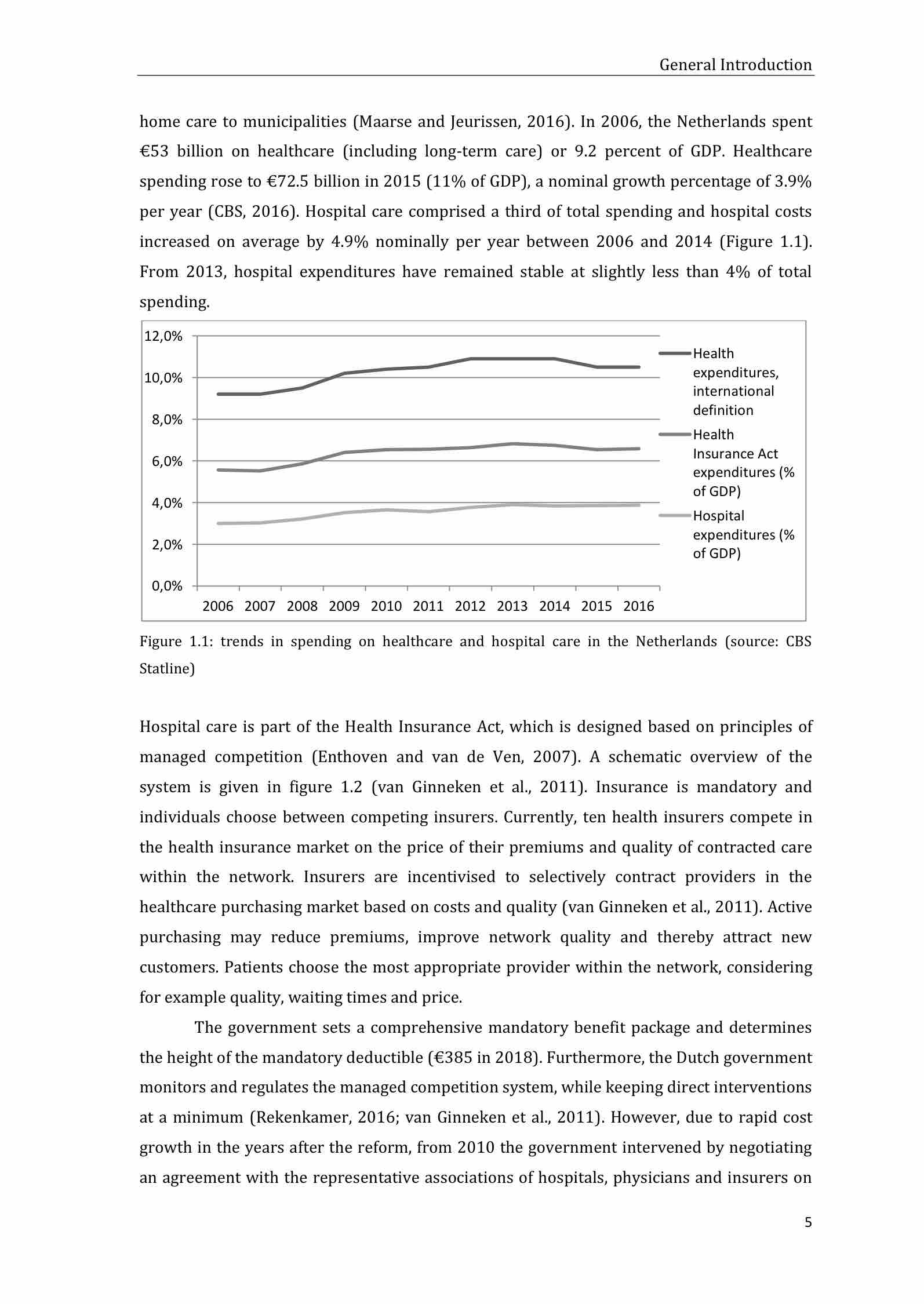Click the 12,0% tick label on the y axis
click(x=163, y=336)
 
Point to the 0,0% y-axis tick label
click(x=166, y=586)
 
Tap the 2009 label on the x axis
click(x=344, y=606)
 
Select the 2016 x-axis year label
click(x=638, y=606)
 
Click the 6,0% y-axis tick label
click(x=166, y=461)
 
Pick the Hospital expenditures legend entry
click(x=743, y=534)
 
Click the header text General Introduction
click(x=735, y=65)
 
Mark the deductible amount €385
click(x=450, y=1058)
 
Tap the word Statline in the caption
click(x=167, y=669)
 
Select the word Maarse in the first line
click(x=383, y=122)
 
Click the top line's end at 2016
click(x=639, y=367)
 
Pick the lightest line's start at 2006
click(x=218, y=523)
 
